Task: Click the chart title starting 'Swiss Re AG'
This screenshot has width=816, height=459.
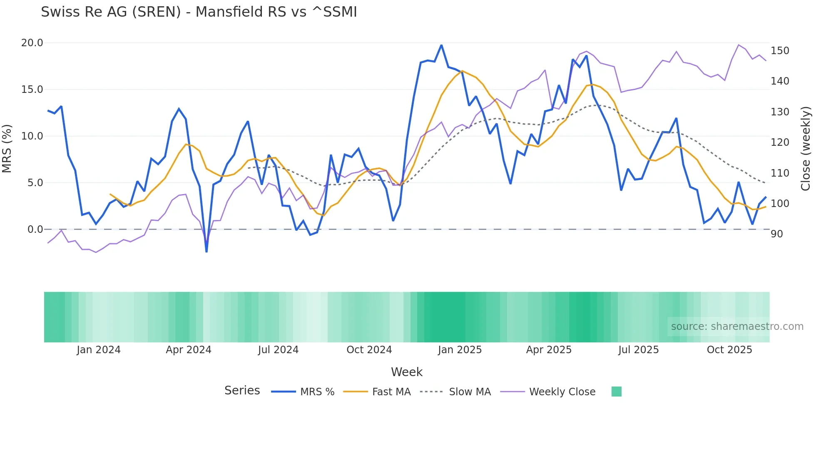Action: [199, 12]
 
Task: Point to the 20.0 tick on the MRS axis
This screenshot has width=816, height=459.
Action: [32, 43]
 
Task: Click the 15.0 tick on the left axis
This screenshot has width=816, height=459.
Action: [32, 90]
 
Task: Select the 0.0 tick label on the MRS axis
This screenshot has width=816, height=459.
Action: [35, 229]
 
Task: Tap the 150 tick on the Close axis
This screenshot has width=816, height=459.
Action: [780, 51]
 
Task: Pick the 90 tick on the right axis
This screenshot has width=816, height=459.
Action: [777, 234]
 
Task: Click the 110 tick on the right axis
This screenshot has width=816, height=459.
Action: [780, 173]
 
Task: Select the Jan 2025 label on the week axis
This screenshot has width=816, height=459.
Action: [460, 350]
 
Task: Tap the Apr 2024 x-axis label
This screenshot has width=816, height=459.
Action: [189, 350]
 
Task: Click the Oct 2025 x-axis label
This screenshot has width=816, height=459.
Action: [729, 350]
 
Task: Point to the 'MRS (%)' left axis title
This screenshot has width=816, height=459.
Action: [7, 149]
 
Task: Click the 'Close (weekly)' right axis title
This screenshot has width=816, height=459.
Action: [806, 149]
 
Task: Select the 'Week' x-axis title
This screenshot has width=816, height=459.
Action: [407, 372]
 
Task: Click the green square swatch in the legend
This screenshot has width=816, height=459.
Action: [617, 392]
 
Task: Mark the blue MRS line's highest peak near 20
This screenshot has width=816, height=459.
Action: [441, 45]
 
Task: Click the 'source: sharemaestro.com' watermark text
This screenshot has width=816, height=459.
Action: [737, 327]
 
